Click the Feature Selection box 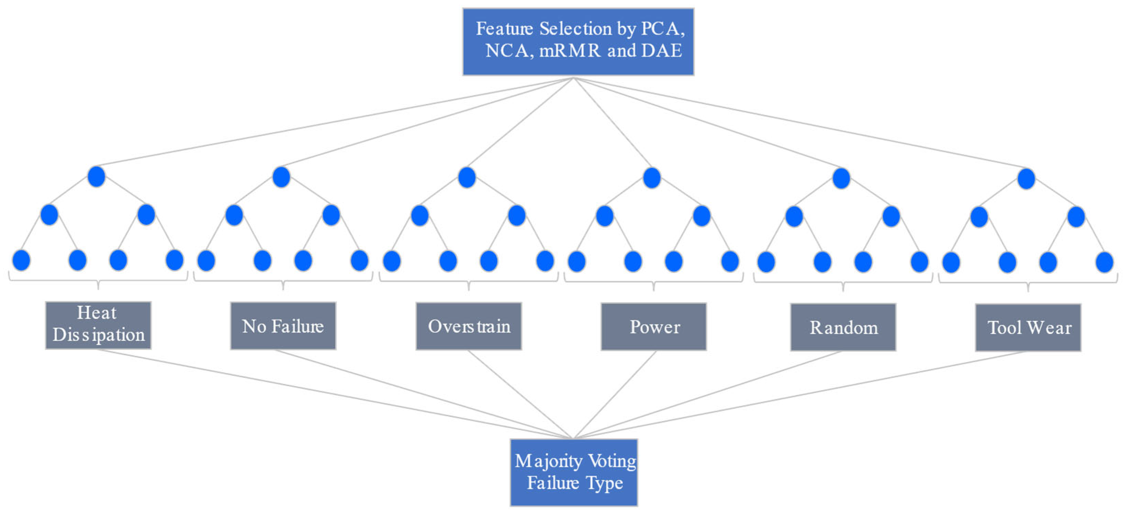pyautogui.click(x=578, y=42)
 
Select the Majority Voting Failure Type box pyautogui.click(x=573, y=472)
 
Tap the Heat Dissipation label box pyautogui.click(x=98, y=325)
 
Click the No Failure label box pyautogui.click(x=283, y=326)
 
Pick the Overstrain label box pyautogui.click(x=468, y=326)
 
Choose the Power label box pyautogui.click(x=653, y=327)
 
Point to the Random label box pyautogui.click(x=843, y=327)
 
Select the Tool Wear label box pyautogui.click(x=1028, y=328)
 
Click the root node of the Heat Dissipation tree pyautogui.click(x=96, y=176)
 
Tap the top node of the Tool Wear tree pyautogui.click(x=1026, y=179)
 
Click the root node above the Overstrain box pyautogui.click(x=467, y=178)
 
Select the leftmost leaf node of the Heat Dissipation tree pyautogui.click(x=21, y=260)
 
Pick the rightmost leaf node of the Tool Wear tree pyautogui.click(x=1104, y=263)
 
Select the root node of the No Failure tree pyautogui.click(x=281, y=177)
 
